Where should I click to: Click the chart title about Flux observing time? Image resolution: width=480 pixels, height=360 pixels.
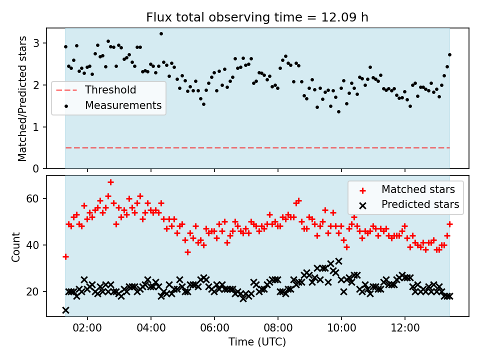pos(257,17)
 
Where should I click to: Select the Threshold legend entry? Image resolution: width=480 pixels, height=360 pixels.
pos(110,90)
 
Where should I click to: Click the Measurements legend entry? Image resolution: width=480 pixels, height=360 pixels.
pos(123,105)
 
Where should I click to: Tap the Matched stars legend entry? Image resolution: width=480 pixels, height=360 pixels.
pos(418,189)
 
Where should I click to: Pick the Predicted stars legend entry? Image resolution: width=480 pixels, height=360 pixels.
pos(420,204)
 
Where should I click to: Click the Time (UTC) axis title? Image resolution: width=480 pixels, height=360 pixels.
pos(257,342)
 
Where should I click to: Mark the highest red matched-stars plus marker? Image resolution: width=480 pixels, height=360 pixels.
pos(110,182)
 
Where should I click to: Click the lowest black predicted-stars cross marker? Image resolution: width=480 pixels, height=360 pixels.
pos(65,310)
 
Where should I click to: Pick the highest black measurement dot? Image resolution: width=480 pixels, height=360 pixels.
pos(161,33)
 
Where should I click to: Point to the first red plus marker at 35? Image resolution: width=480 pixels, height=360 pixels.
pos(65,256)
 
